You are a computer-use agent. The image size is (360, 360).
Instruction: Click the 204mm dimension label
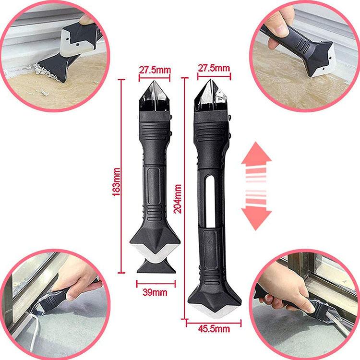(179, 200)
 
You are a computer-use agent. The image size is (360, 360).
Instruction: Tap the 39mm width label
(155, 292)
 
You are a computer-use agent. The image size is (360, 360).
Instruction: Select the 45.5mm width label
(214, 328)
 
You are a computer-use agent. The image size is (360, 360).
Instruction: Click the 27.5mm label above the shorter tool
(155, 70)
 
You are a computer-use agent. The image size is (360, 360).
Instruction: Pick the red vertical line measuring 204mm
(184, 197)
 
